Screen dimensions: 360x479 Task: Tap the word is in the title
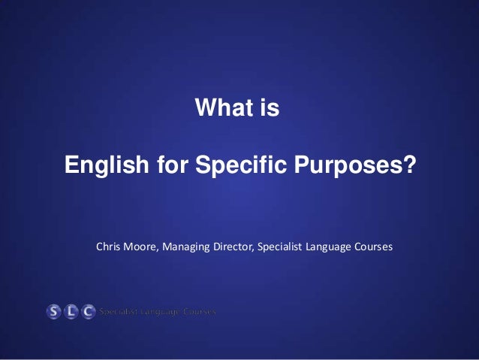[x=269, y=110]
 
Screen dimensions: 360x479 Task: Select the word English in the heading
[x=100, y=164]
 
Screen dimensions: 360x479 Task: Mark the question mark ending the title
[x=406, y=164]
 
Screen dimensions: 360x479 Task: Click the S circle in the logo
[x=54, y=311]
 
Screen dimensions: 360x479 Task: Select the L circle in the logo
[x=71, y=311]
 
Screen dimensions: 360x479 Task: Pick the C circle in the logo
[x=89, y=311]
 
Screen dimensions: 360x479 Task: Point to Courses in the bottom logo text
[x=197, y=311]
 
